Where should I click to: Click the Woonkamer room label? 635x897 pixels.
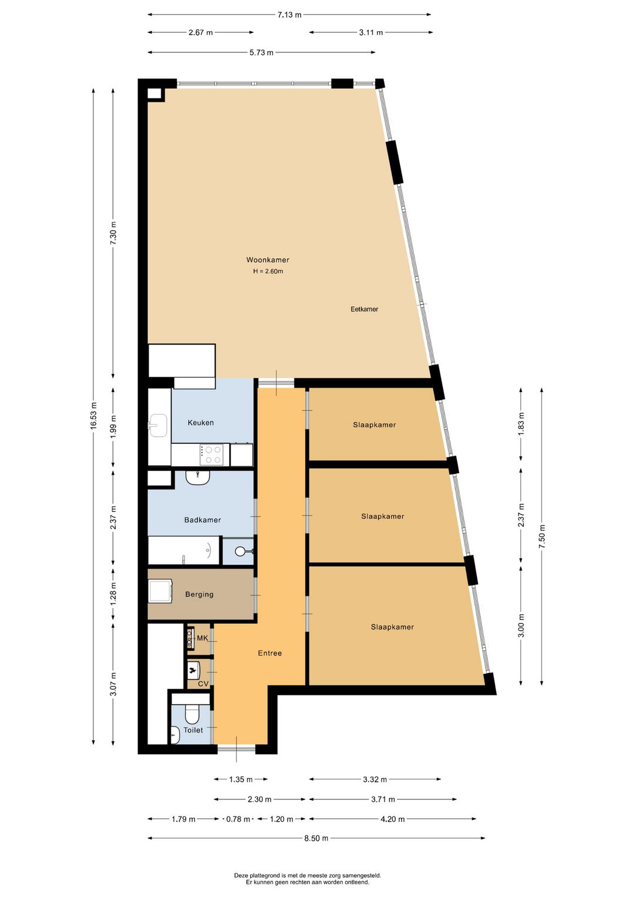coord(268,260)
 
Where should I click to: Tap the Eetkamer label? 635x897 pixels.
coord(364,309)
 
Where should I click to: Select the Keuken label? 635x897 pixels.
coord(200,423)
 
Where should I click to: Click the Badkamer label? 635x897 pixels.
coord(202,520)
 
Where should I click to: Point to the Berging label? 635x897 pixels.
coord(199,594)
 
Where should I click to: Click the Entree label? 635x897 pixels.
coord(270,653)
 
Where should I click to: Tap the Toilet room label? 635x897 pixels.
coord(193,730)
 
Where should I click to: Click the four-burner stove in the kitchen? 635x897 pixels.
coord(212,455)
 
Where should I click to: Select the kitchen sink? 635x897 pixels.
coord(158,425)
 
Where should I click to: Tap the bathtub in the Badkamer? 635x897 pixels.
coord(184,550)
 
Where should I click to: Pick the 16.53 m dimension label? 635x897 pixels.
coord(93,415)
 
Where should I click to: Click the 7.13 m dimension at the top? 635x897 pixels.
coord(289,15)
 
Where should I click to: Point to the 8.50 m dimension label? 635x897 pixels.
coord(316,838)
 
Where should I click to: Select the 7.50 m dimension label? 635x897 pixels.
coord(542,537)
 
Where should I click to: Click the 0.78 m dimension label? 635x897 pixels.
coord(238,819)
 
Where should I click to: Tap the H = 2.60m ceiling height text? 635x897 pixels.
coord(268,271)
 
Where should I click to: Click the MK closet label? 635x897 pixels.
coord(202,638)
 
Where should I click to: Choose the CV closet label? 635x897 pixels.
coord(203,684)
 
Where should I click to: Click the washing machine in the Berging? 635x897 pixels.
coord(161,591)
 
